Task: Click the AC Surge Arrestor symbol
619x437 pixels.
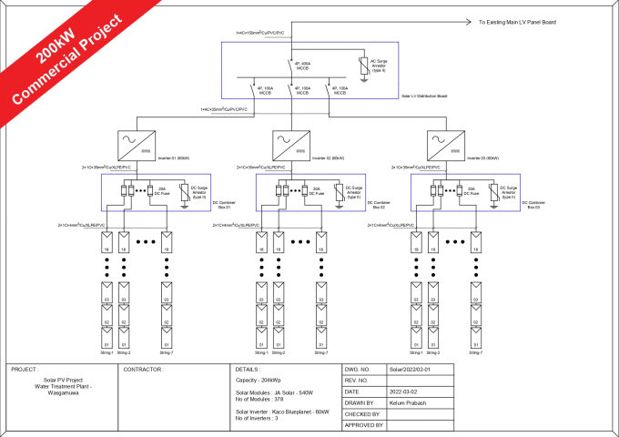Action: pos(367,66)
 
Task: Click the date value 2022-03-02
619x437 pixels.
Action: pos(403,391)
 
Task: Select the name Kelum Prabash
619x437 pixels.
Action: pos(409,402)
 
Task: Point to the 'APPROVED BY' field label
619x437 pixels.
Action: pos(364,425)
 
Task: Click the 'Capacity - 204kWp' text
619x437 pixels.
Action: pos(258,380)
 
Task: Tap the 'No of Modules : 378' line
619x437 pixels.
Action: pos(260,398)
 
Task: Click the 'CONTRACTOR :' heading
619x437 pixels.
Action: pos(144,370)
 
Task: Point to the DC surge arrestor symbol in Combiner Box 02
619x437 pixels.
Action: pos(340,192)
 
